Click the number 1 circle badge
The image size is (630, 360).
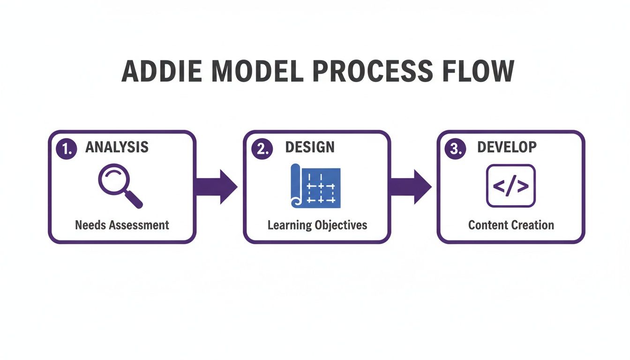tap(66, 149)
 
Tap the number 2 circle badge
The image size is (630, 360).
tap(261, 149)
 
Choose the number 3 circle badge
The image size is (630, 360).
tap(455, 149)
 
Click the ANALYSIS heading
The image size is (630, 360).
tap(117, 147)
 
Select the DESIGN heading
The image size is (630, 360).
tap(310, 147)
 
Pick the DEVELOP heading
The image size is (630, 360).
tap(507, 147)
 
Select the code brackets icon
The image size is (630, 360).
tap(510, 186)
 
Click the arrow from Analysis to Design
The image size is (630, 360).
tap(216, 187)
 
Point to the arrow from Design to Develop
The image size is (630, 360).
tap(411, 187)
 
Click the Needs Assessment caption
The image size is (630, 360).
tap(122, 225)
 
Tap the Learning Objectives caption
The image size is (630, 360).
tap(317, 225)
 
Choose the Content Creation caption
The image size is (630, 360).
tap(511, 225)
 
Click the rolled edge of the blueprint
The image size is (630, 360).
tap(295, 187)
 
